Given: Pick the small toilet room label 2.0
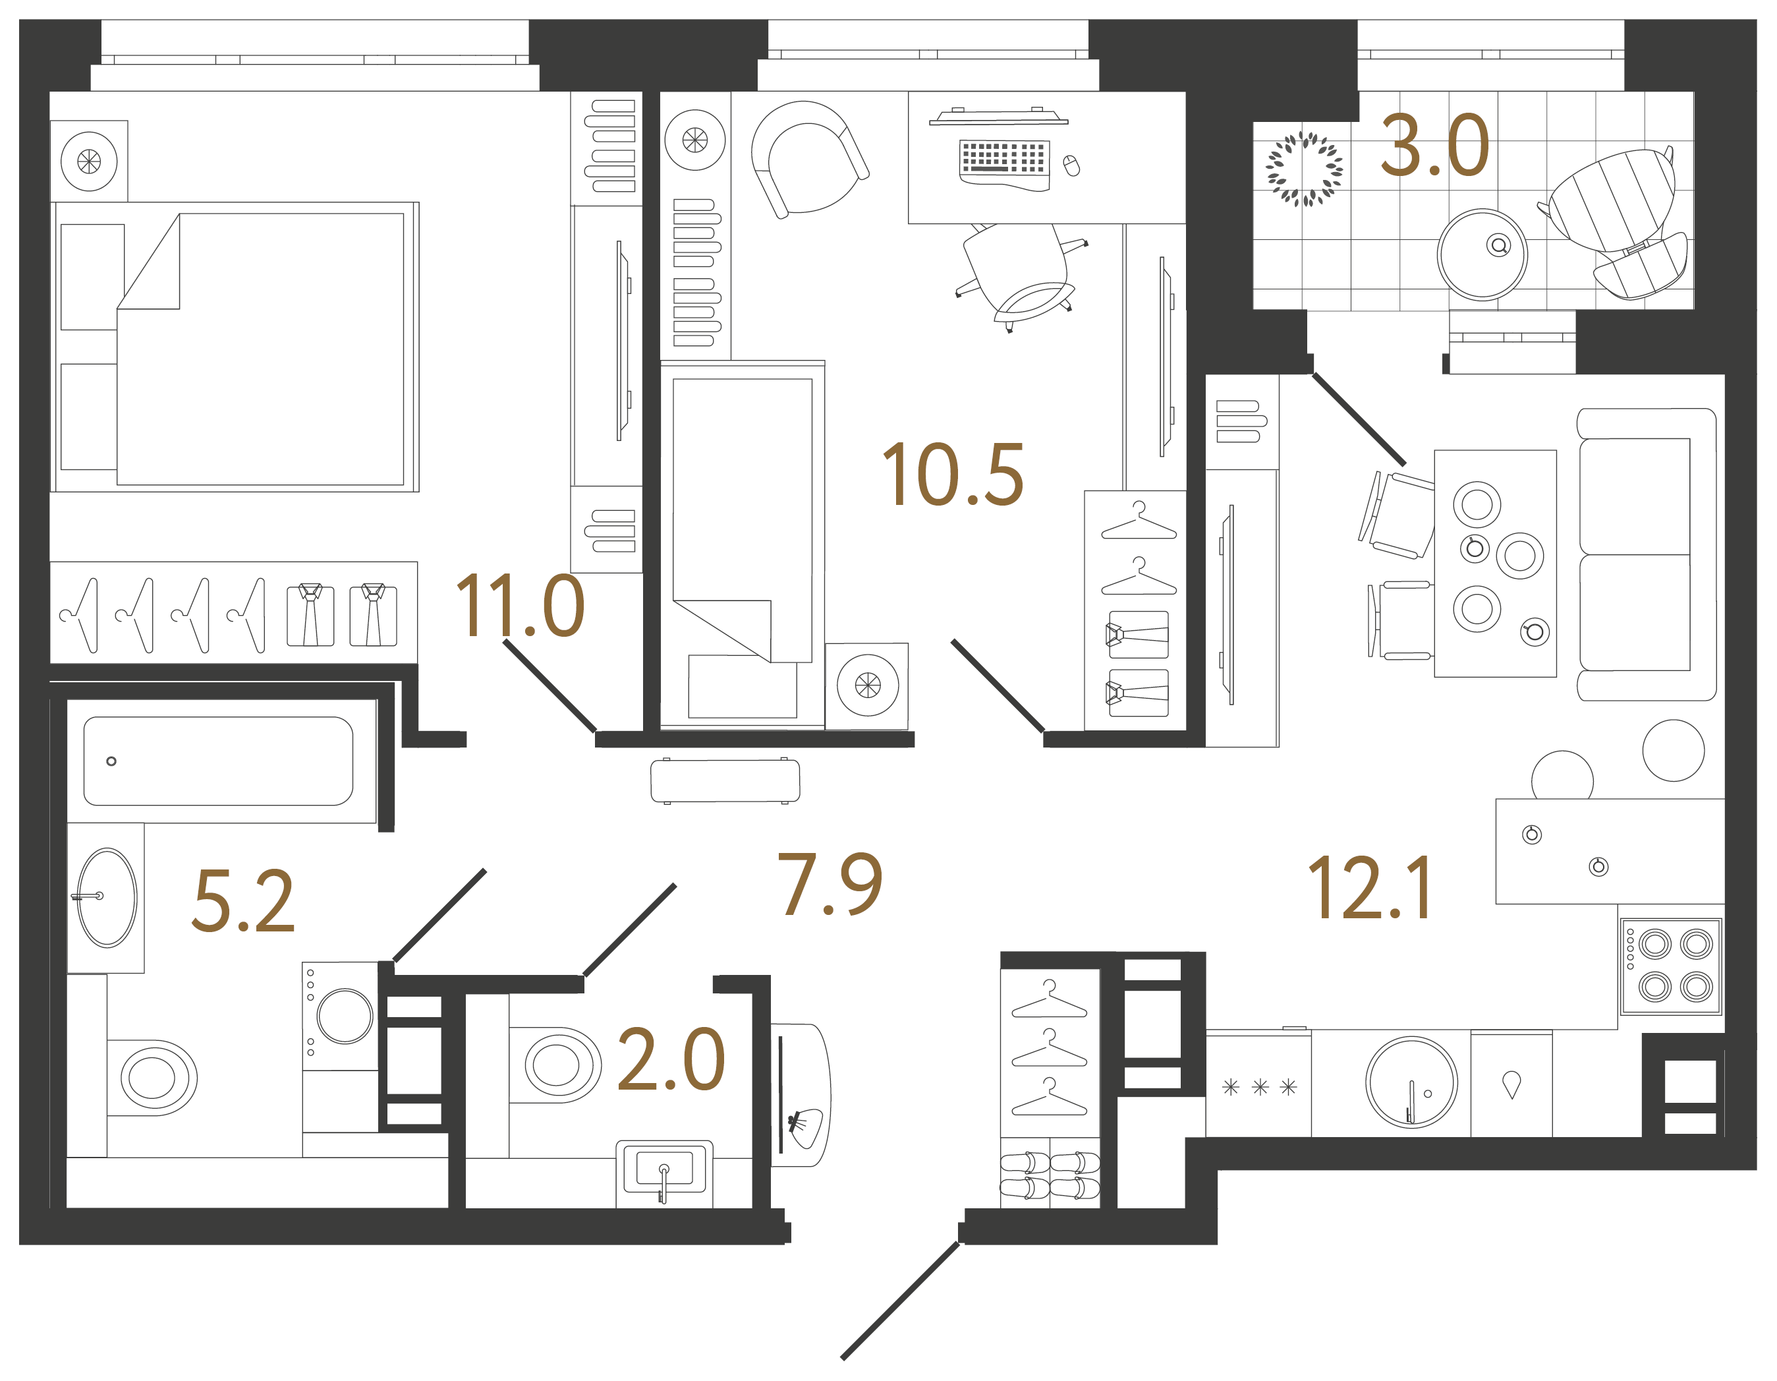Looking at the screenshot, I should (x=671, y=1059).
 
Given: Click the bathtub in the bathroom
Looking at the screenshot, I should (x=218, y=761).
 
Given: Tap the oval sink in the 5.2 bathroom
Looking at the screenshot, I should (x=107, y=898).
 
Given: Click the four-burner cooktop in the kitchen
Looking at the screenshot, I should (x=1670, y=966).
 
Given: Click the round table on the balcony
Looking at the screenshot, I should (x=1482, y=254).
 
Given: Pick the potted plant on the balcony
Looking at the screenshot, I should (x=1305, y=169).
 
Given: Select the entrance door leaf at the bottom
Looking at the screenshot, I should (x=900, y=1301).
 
